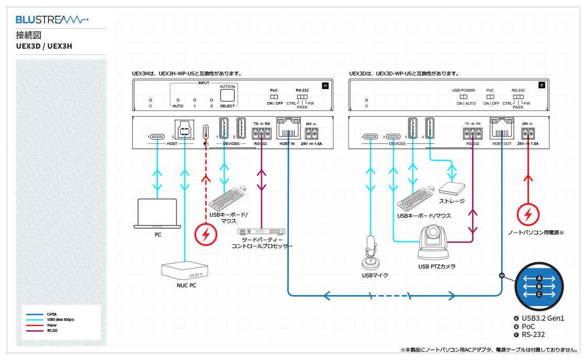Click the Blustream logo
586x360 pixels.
[52, 20]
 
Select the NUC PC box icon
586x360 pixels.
[185, 270]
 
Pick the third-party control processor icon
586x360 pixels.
[262, 231]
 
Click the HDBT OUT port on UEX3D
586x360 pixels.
[501, 128]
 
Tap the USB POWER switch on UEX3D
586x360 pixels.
[464, 97]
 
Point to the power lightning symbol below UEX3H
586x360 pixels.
[206, 234]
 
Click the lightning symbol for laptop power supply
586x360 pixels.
[528, 215]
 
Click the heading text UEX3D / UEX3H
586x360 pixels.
[44, 46]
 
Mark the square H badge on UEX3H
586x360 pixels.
[325, 85]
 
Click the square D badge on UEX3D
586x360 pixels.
[542, 85]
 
